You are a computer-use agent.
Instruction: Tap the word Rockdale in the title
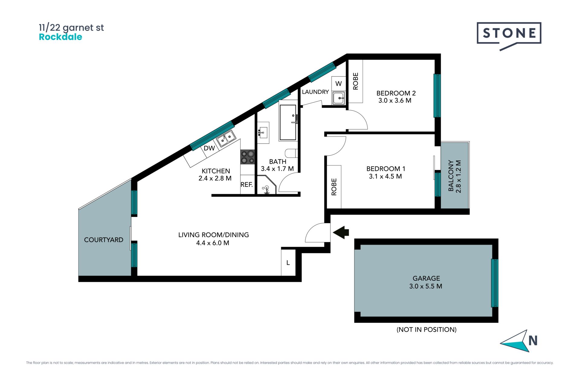(x=60, y=37)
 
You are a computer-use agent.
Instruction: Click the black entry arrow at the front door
(x=341, y=232)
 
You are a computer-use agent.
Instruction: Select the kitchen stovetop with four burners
(x=247, y=157)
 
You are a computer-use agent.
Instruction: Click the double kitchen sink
(x=226, y=139)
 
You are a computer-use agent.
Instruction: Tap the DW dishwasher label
(x=209, y=148)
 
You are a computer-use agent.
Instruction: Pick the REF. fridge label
(x=246, y=184)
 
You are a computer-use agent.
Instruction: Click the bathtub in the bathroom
(x=288, y=122)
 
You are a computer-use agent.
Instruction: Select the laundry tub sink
(x=339, y=98)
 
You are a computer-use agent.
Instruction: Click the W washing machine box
(x=338, y=84)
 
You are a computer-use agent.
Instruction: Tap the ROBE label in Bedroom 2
(x=356, y=81)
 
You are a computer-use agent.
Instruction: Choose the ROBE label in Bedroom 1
(x=334, y=187)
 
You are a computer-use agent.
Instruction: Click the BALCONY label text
(x=451, y=176)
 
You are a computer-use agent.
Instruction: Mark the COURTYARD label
(x=104, y=240)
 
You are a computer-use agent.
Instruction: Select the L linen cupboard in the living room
(x=288, y=262)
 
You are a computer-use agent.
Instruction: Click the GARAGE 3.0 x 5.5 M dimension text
(x=426, y=286)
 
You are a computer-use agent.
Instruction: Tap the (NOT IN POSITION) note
(x=427, y=330)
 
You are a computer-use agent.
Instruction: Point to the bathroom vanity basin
(x=263, y=133)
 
